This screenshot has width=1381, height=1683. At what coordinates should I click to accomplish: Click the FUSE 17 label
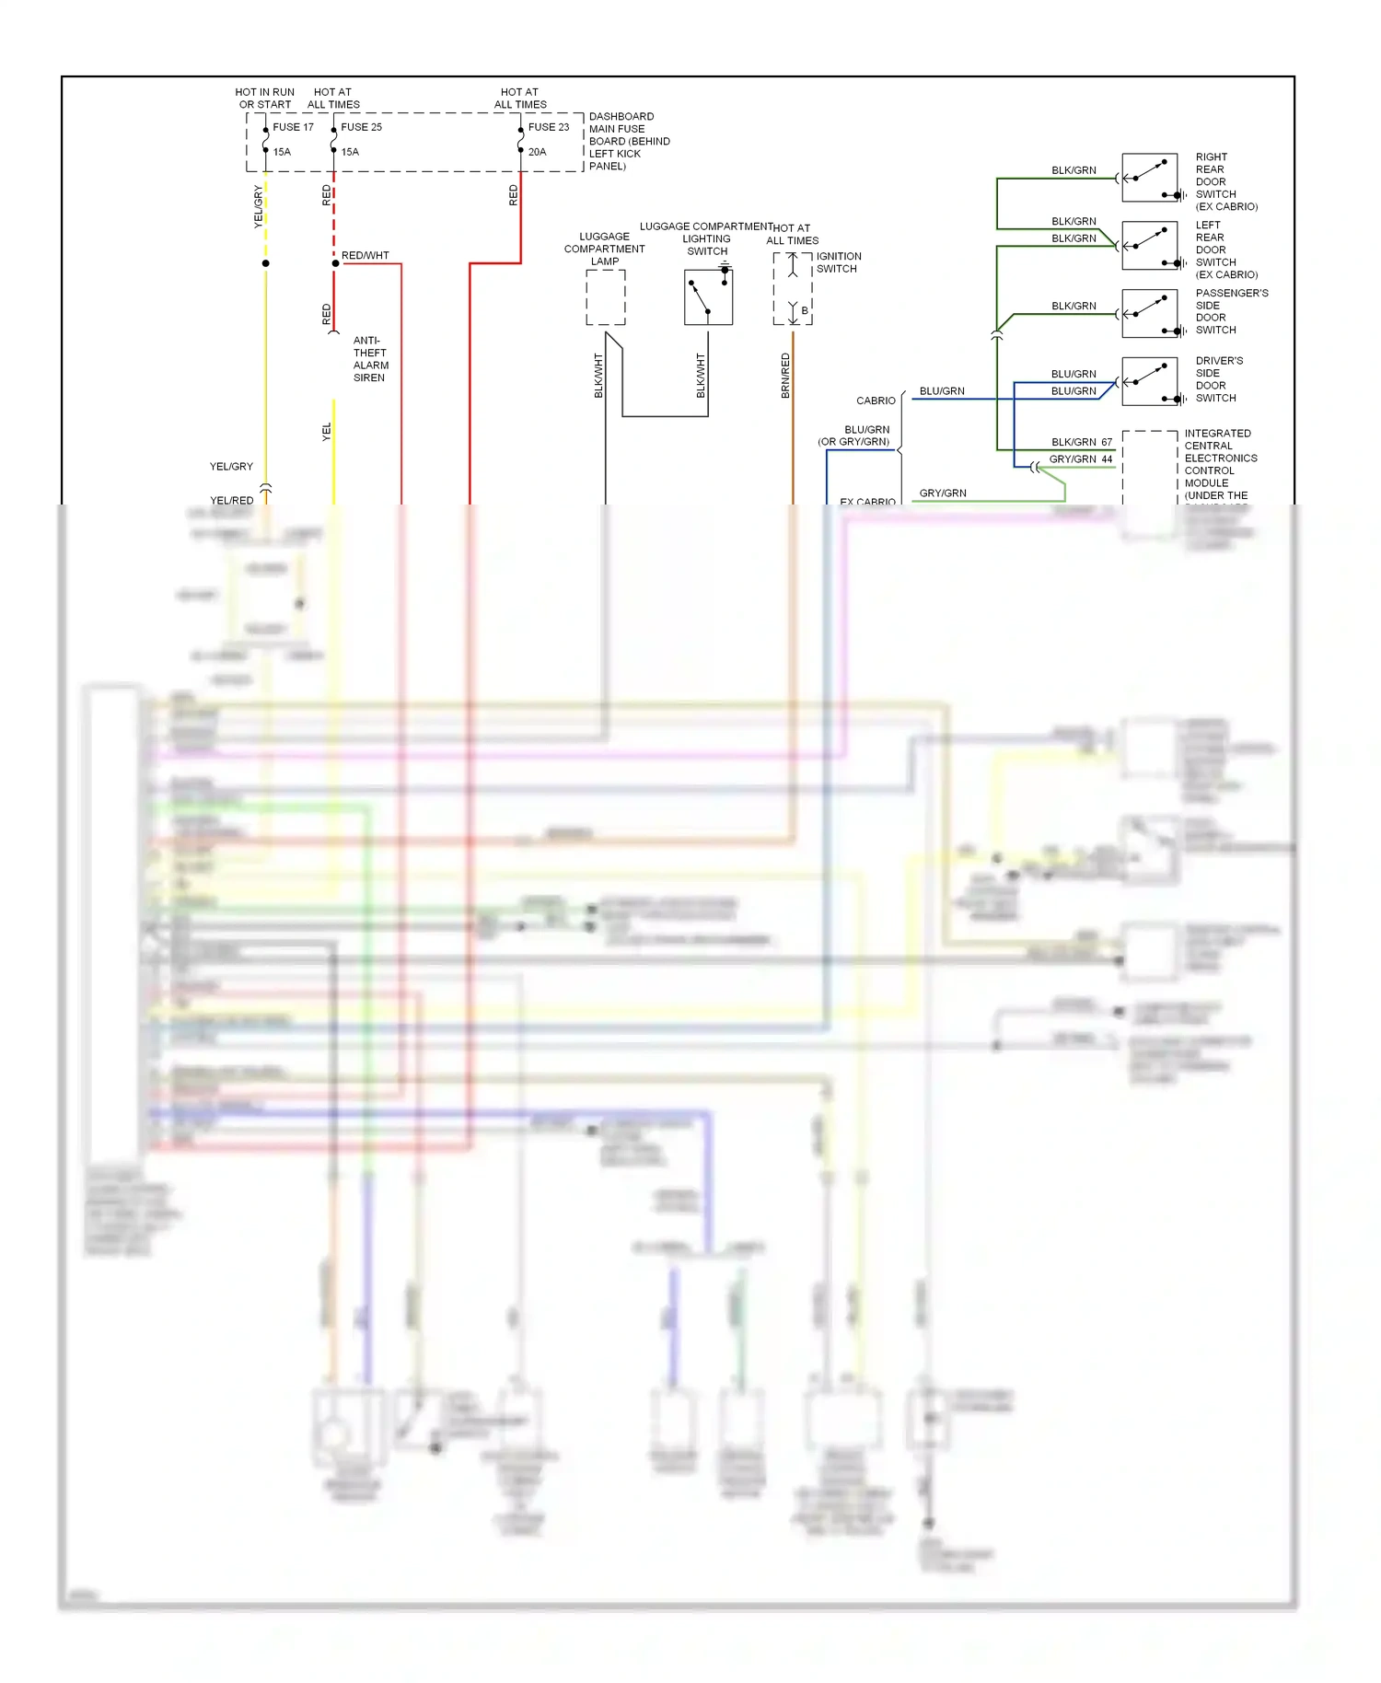(x=293, y=127)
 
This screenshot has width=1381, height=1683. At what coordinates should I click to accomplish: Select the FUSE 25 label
(x=361, y=127)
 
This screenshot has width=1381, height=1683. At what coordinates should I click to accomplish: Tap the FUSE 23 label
(x=548, y=127)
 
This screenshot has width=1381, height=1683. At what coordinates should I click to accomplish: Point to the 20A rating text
(x=537, y=152)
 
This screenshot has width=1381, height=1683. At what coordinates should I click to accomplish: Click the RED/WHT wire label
(x=365, y=255)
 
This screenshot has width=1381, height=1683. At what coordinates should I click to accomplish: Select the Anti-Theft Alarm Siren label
(x=370, y=359)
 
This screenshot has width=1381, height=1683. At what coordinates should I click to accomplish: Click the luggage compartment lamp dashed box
(x=606, y=297)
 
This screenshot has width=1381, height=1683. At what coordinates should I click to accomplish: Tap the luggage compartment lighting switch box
(x=708, y=296)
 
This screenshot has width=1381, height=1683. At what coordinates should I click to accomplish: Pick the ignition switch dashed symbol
(x=793, y=288)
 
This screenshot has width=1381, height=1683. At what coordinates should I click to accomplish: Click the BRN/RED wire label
(x=785, y=376)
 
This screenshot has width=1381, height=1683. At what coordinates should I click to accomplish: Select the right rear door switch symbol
(x=1149, y=178)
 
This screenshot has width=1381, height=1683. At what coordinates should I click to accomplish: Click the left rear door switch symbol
(x=1149, y=246)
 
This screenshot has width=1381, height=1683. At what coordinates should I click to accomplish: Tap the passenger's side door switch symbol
(x=1149, y=314)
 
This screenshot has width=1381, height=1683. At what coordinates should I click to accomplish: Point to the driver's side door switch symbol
(x=1149, y=382)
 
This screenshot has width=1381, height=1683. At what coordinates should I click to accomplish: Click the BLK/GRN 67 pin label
(x=1082, y=442)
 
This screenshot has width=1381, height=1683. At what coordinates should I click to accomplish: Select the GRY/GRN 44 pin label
(x=1081, y=458)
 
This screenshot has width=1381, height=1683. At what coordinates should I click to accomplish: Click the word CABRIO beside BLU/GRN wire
(x=876, y=400)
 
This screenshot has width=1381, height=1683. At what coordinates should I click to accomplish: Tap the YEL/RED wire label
(x=231, y=500)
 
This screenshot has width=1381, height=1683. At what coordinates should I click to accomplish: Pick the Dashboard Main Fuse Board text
(x=629, y=141)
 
